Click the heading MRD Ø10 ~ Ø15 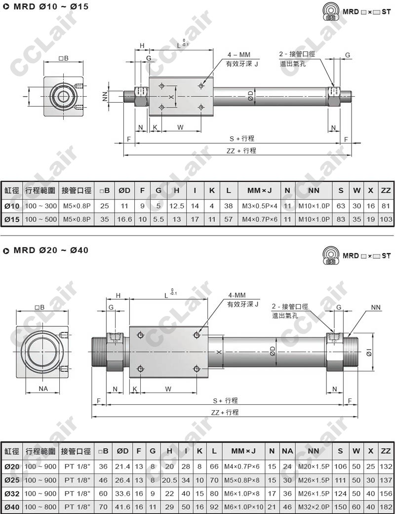pos(51,6)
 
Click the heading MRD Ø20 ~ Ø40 pos(51,250)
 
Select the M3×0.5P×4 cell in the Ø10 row pos(260,206)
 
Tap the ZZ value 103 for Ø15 pos(386,219)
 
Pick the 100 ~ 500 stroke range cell pos(41,219)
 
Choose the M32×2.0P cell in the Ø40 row pos(314,507)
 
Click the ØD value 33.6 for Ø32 pos(122,493)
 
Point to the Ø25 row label pos(12,480)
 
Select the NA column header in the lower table pos(287,451)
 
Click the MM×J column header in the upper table pos(259,191)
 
